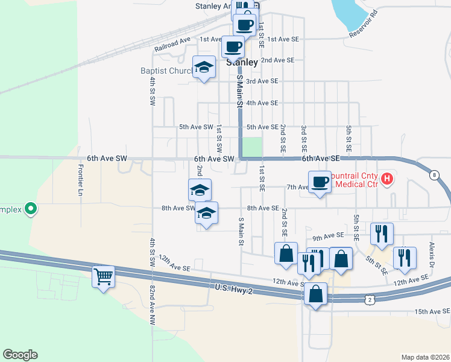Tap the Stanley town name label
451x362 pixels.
[242, 62]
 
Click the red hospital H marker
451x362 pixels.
[387, 179]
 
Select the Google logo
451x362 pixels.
[20, 355]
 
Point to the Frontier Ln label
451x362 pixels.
[81, 179]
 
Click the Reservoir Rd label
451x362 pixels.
[365, 24]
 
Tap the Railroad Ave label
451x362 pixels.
[172, 44]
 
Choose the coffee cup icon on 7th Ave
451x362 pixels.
[320, 181]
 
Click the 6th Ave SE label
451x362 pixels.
[321, 158]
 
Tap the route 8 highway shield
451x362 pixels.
[434, 175]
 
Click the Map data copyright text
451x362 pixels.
[426, 357]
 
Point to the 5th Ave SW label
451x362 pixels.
[196, 127]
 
